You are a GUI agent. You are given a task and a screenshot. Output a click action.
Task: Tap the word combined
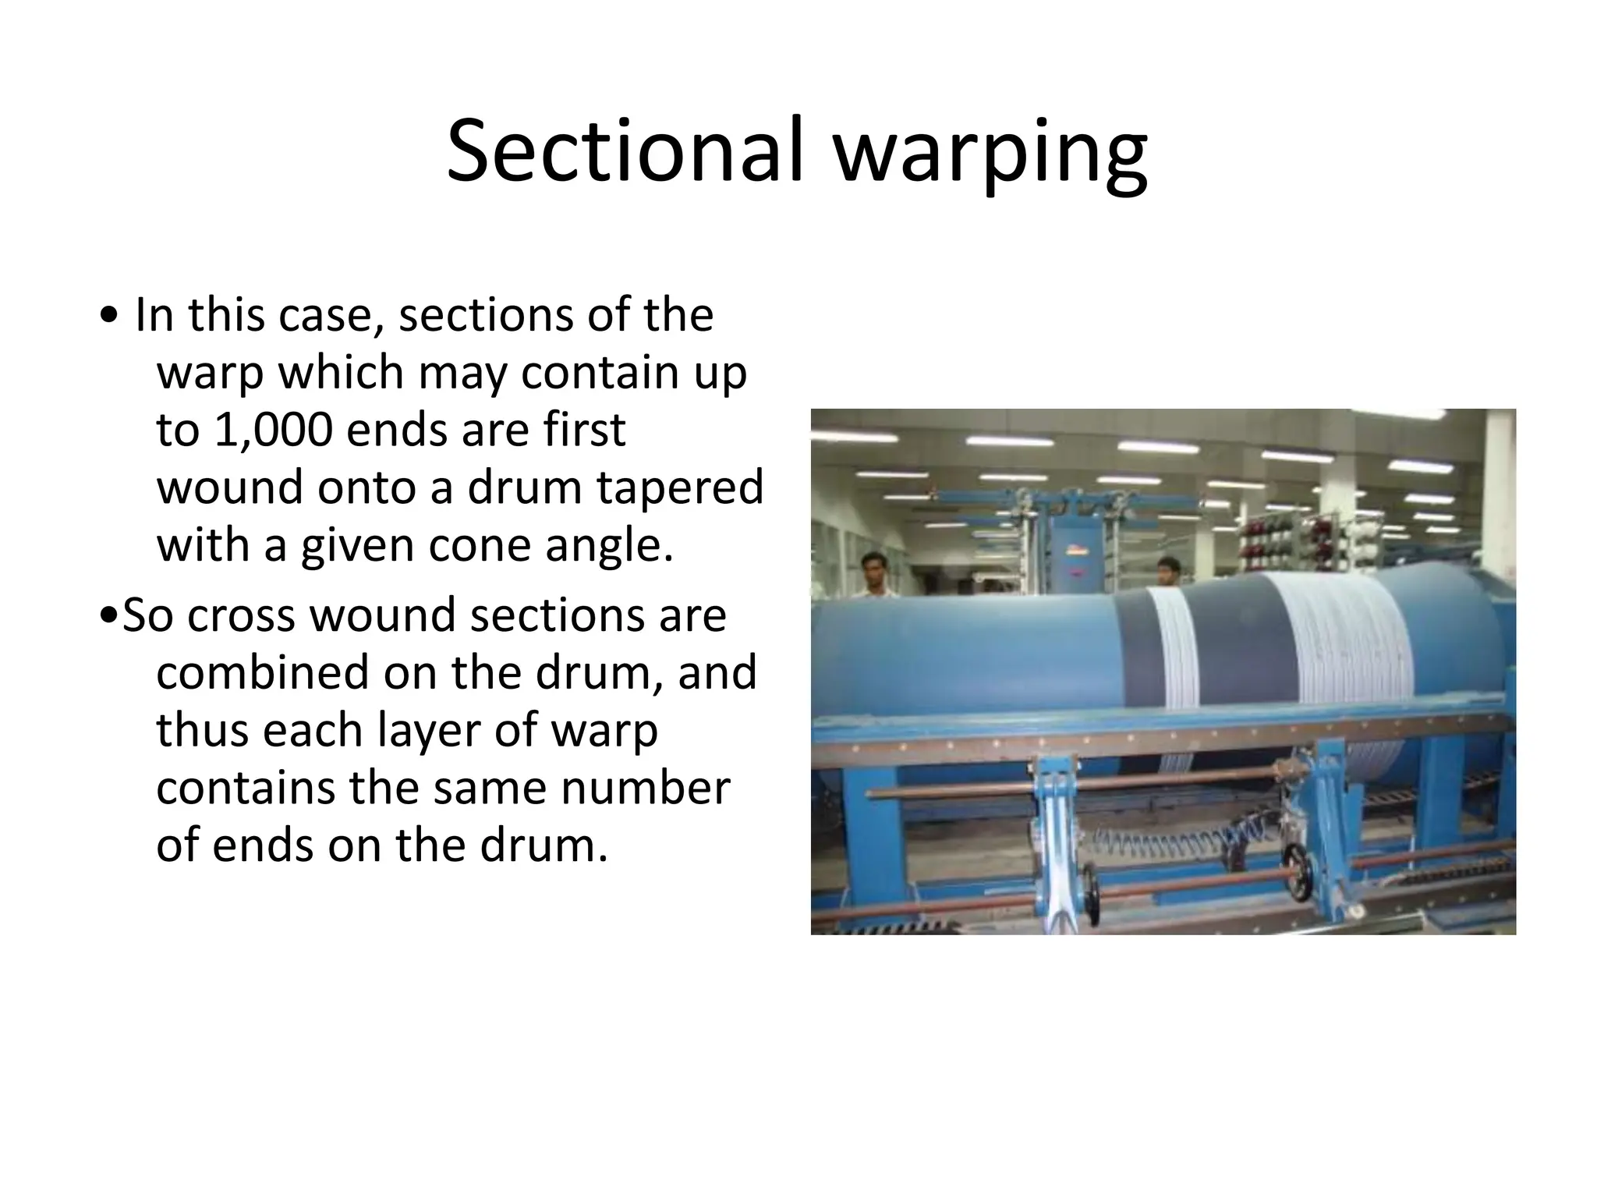(262, 672)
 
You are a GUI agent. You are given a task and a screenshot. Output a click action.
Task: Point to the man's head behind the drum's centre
(1167, 571)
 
